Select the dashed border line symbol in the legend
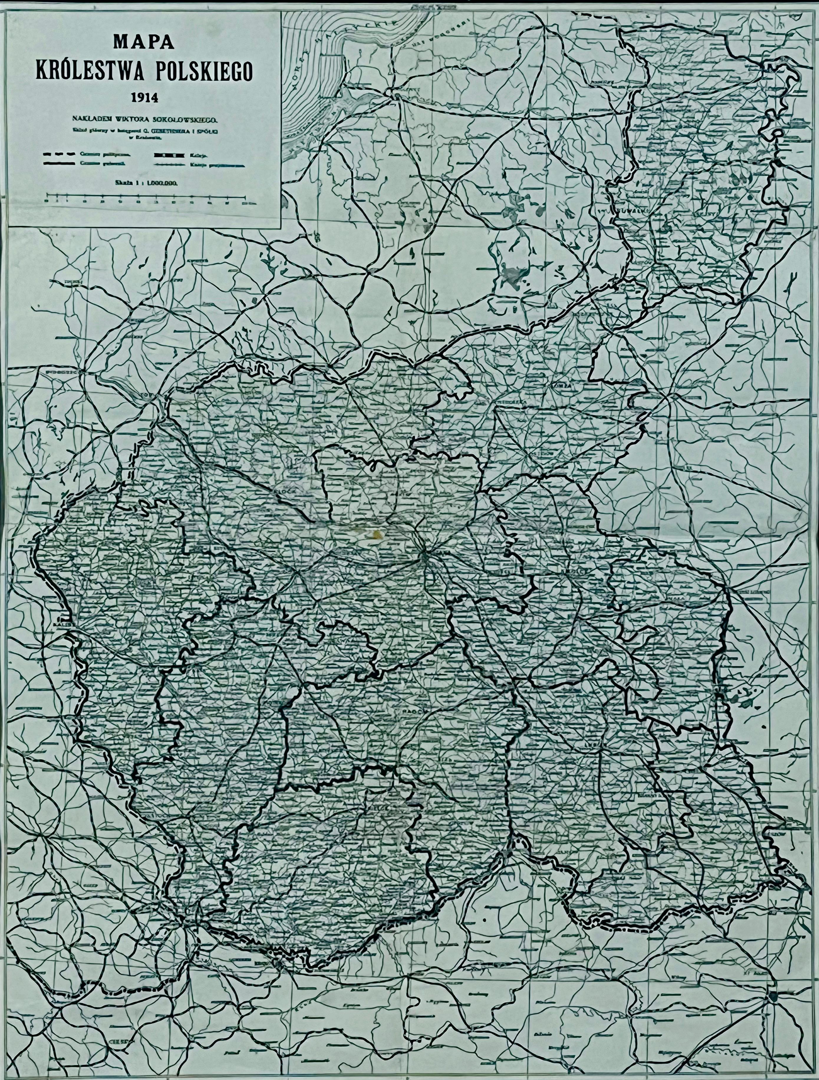coord(61,154)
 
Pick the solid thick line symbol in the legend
coord(61,164)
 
